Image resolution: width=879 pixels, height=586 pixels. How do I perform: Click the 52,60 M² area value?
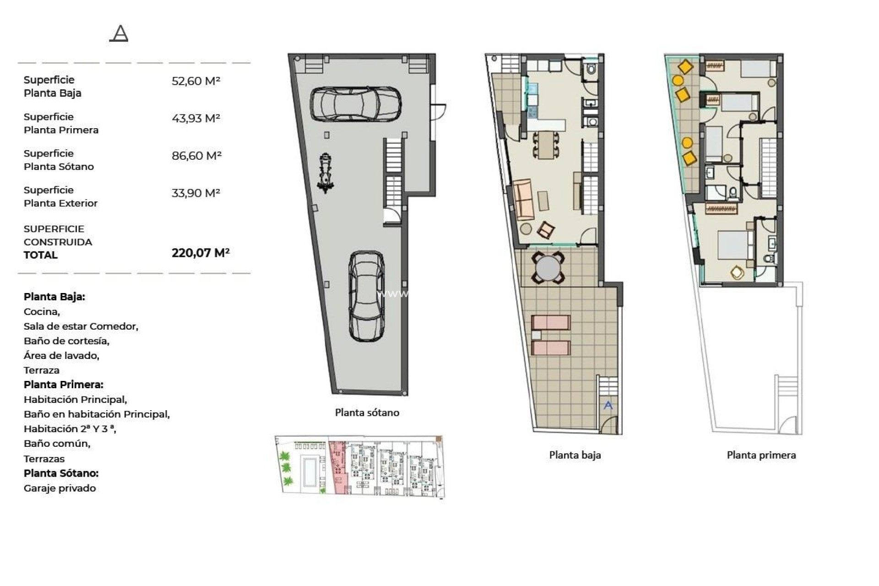tap(195, 81)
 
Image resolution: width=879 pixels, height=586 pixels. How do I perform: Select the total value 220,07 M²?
tap(201, 253)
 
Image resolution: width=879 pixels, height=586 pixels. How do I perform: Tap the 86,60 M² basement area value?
tap(196, 156)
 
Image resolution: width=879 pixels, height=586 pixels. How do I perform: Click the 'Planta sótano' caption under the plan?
tap(367, 412)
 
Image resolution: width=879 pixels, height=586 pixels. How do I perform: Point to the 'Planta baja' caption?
tap(575, 455)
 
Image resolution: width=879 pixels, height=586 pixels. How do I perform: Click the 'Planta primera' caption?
tap(761, 455)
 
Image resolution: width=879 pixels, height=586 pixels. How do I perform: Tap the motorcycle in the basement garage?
tap(325, 173)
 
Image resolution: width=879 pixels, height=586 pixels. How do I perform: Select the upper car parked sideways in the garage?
tap(355, 104)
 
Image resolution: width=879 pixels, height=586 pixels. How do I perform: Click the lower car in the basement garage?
tap(366, 296)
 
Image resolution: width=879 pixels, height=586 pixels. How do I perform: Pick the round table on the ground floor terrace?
tap(548, 268)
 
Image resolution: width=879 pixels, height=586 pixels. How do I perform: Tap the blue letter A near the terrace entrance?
tap(608, 405)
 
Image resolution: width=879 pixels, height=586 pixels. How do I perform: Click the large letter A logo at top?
tap(119, 33)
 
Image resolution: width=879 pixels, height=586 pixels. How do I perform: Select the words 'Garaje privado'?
tap(60, 488)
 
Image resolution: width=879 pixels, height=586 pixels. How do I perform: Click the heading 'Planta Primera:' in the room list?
tap(63, 385)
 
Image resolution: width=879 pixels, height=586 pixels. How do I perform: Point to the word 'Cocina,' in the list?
tap(42, 312)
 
